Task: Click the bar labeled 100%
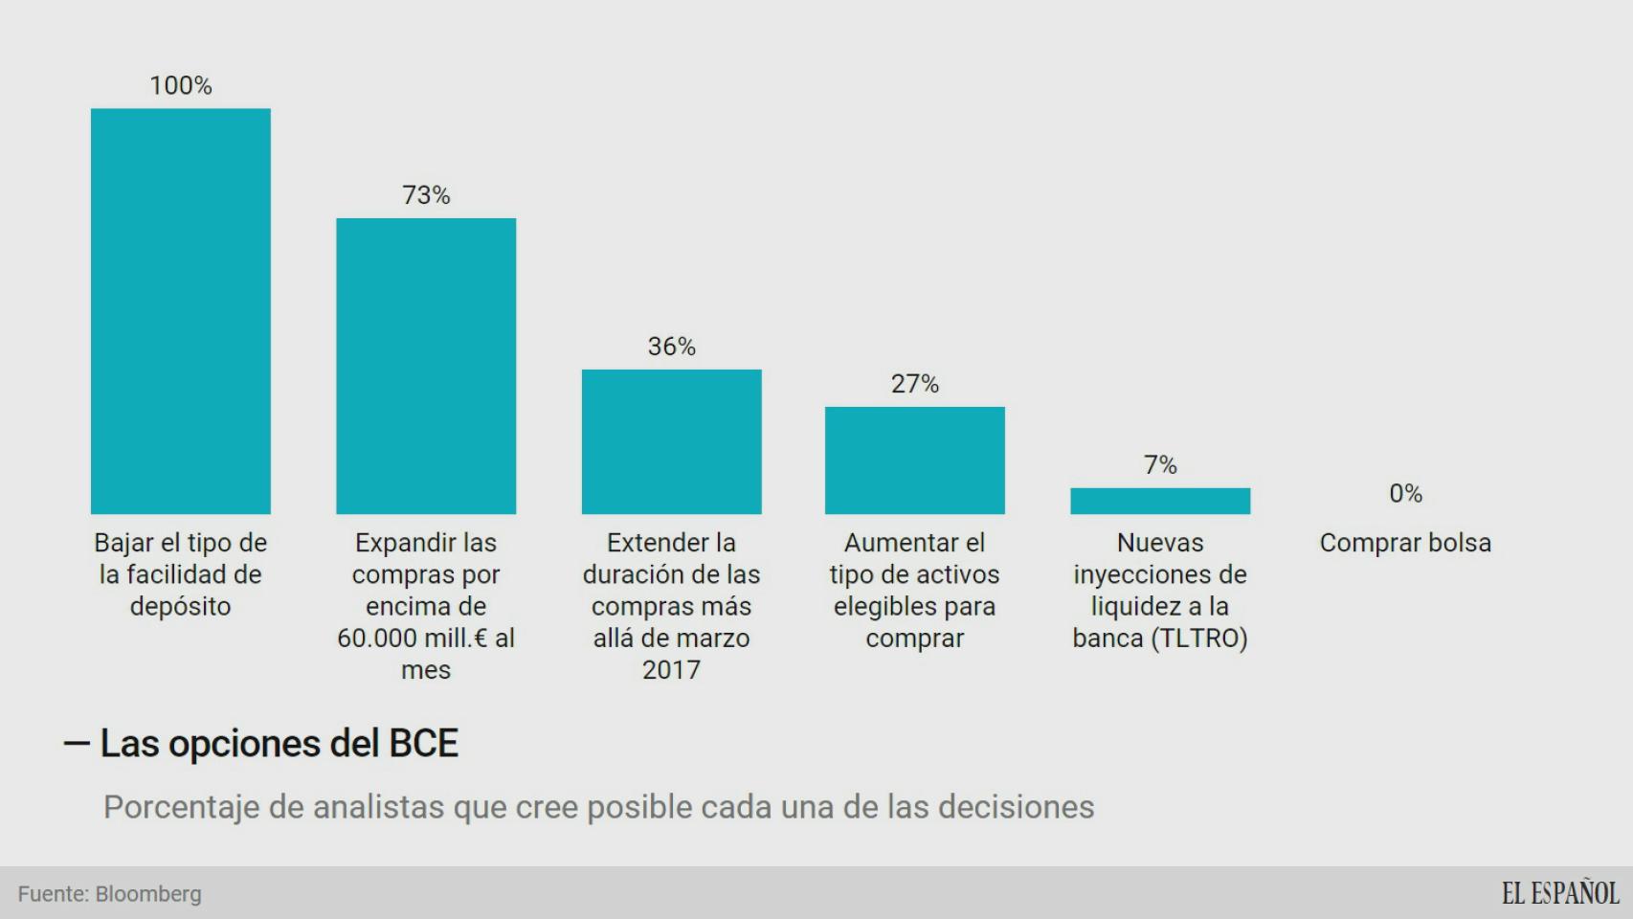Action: pyautogui.click(x=181, y=311)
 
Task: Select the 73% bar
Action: pyautogui.click(x=426, y=366)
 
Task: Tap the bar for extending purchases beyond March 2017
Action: pyautogui.click(x=671, y=441)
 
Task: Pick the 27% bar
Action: pyautogui.click(x=915, y=460)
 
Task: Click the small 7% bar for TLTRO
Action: pyautogui.click(x=1160, y=501)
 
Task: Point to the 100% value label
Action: pyautogui.click(x=181, y=85)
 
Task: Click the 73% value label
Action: pyautogui.click(x=426, y=195)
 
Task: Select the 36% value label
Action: pyautogui.click(x=671, y=347)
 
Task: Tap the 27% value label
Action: pyautogui.click(x=915, y=384)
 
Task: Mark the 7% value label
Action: pyautogui.click(x=1160, y=465)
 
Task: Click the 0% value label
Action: pyautogui.click(x=1405, y=494)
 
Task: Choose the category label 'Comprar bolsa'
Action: pyautogui.click(x=1405, y=543)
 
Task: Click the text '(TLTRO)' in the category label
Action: pyautogui.click(x=1199, y=639)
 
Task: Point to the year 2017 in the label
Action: pyautogui.click(x=671, y=670)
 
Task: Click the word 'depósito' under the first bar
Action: pyautogui.click(x=181, y=607)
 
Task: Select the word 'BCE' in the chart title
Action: pyautogui.click(x=423, y=744)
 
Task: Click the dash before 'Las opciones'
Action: pyautogui.click(x=77, y=744)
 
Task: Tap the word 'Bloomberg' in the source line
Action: pyautogui.click(x=148, y=894)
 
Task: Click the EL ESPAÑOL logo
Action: pyautogui.click(x=1559, y=893)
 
